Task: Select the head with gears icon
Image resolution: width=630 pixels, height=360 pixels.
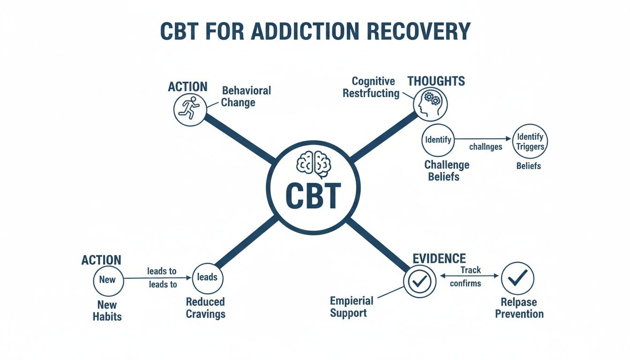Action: click(x=431, y=104)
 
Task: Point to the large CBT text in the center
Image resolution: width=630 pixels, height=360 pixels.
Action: click(x=313, y=196)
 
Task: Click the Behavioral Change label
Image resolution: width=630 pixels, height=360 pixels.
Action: click(x=246, y=96)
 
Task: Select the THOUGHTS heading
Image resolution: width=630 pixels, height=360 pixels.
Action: click(x=436, y=81)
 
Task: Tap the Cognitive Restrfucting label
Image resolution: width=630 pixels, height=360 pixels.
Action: click(x=371, y=87)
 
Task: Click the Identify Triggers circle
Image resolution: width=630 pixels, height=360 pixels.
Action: click(x=530, y=141)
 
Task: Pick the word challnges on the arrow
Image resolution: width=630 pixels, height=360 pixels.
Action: click(x=486, y=147)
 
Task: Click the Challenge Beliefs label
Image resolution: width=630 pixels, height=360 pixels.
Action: click(x=446, y=171)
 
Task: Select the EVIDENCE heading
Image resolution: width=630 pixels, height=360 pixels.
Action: click(x=439, y=258)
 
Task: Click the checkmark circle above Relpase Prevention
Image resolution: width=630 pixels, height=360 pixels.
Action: click(x=517, y=278)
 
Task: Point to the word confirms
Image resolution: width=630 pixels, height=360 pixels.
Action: click(x=465, y=283)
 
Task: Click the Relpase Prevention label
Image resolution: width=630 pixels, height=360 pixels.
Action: click(x=519, y=307)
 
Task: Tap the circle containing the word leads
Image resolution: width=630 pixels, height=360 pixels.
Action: click(x=207, y=277)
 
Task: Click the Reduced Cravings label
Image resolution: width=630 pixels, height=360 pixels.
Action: click(x=205, y=307)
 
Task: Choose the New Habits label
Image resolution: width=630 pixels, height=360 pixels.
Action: click(x=107, y=310)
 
